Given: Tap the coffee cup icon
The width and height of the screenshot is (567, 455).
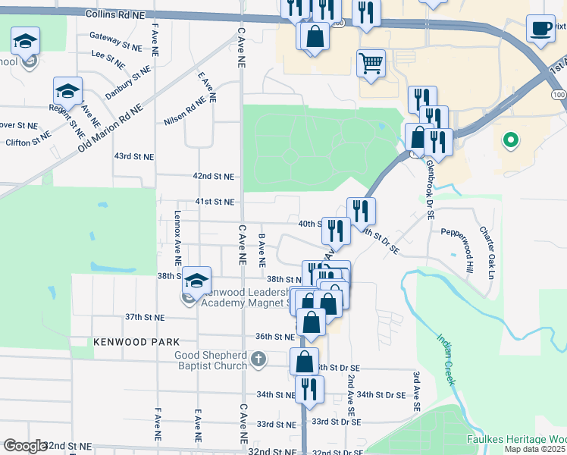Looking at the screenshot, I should pos(540,29).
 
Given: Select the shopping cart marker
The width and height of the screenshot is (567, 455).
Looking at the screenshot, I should pos(371,64).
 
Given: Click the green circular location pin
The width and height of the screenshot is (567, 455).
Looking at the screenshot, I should pos(511,140).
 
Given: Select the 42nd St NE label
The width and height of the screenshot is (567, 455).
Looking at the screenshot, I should pos(213,176).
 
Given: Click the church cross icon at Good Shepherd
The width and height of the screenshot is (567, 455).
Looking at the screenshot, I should pos(258,359).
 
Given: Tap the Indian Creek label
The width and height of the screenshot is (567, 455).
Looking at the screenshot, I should pos(445,360).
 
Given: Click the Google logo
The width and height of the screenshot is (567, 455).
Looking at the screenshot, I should pos(24,446).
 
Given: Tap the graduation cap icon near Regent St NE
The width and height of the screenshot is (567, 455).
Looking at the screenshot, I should pos(67,91).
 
